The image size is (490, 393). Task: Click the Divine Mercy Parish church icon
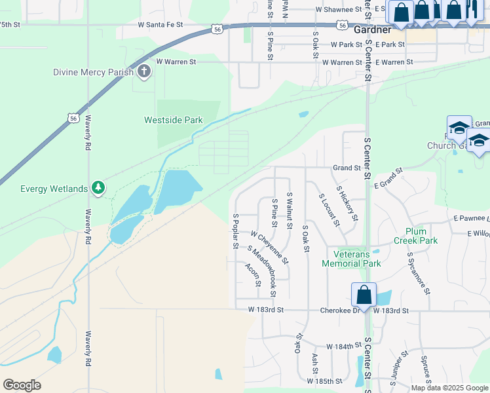pos(143,72)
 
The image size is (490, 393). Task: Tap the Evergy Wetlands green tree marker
pos(98,189)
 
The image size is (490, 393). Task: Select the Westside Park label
pos(173,120)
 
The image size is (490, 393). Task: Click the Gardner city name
pos(372,30)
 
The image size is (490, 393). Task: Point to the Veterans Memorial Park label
pos(351,259)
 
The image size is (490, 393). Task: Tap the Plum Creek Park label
pos(421,236)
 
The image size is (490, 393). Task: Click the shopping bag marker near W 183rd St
pos(364,295)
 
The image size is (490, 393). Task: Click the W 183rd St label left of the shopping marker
pos(265,309)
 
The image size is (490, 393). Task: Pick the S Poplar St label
pos(235,231)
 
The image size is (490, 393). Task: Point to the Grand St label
pos(347,168)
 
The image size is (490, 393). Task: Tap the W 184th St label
pos(345,346)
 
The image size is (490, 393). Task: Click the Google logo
pos(22,385)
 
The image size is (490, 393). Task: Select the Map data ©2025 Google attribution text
pos(449,388)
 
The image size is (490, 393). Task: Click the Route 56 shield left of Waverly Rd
pos(73,117)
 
